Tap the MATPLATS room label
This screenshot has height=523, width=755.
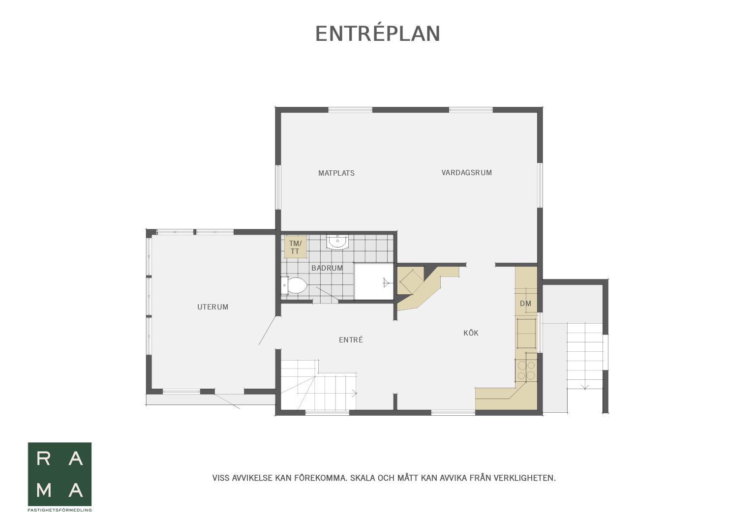coord(336,173)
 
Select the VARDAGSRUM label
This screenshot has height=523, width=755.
coord(466,173)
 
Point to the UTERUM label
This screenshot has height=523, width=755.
coord(212,307)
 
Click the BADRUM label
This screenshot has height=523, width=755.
coord(327,268)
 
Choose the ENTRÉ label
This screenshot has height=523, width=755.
coord(351,340)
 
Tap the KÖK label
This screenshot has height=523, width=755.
coord(471,333)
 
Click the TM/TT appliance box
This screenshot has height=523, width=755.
coord(295,247)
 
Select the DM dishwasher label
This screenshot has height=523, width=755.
coord(525,304)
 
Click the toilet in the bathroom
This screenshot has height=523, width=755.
coord(294,286)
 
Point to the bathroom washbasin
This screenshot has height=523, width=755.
coord(337,242)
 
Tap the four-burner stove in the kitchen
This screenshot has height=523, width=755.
coord(526,370)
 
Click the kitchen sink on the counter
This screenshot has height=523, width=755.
coord(526,333)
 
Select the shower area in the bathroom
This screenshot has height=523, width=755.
coord(374,281)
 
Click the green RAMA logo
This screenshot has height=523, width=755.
coord(60,474)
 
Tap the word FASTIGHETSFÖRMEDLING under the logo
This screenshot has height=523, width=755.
coord(60,510)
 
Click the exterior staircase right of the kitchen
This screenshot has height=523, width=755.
coord(585,356)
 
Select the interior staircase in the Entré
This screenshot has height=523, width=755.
coord(319,385)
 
